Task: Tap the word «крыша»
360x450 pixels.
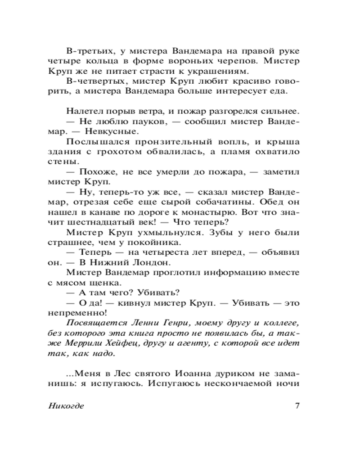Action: (285, 143)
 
